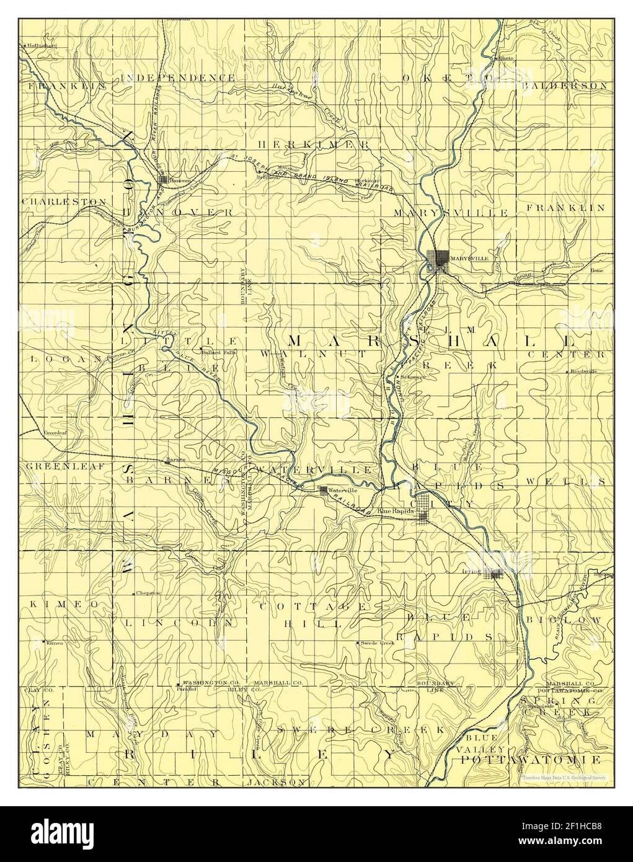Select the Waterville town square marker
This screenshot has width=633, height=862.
[x=323, y=490]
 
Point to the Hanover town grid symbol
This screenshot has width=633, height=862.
[x=164, y=180]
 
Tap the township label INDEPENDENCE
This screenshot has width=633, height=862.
[x=178, y=78]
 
